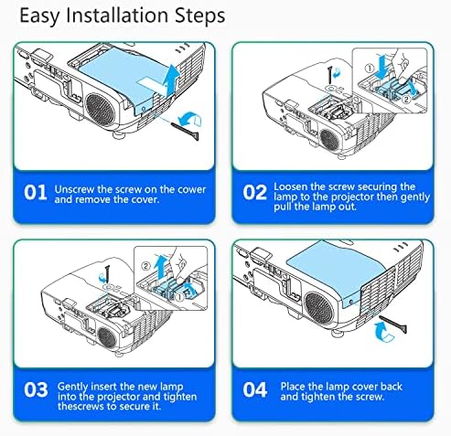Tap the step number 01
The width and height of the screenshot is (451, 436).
coord(36,193)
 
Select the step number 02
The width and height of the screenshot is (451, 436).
coord(254,193)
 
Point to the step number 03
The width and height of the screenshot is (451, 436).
coord(36,389)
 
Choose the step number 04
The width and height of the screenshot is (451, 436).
coord(255,389)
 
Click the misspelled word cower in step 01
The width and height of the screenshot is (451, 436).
coord(192,189)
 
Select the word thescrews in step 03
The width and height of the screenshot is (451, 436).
coord(76,407)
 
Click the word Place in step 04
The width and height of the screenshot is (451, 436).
coord(293,387)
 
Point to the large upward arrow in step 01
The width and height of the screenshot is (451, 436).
coord(170,80)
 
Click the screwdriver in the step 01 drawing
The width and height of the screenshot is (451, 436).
coord(186,130)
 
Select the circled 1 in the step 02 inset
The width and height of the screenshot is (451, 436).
coord(370,69)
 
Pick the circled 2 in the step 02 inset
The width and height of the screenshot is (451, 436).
coord(406,100)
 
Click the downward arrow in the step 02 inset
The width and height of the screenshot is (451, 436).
coord(382,67)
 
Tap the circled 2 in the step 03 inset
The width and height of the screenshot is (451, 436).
coord(146,266)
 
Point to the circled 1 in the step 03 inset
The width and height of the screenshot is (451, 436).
coord(180,296)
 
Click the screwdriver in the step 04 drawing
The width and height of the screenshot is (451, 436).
coord(392,324)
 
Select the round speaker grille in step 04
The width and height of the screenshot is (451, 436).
coord(319,308)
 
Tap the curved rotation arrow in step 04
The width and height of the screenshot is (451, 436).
coord(384,333)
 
